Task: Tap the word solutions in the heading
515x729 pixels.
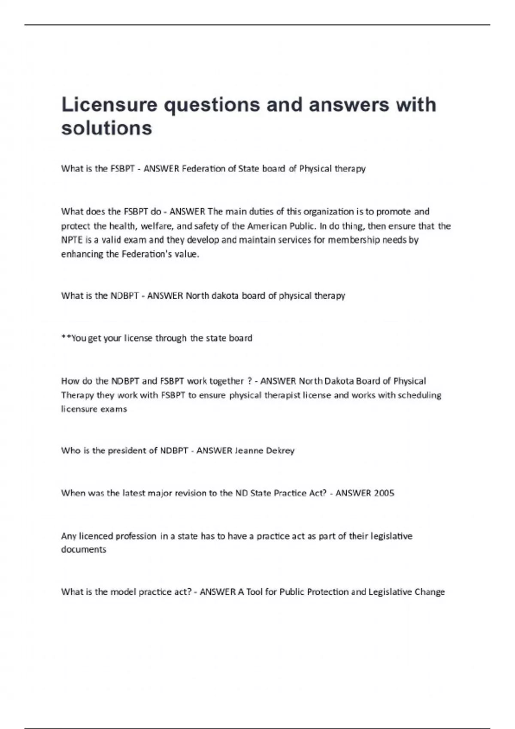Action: pyautogui.click(x=106, y=128)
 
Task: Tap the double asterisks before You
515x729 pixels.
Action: pyautogui.click(x=66, y=337)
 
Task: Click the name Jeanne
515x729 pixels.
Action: pyautogui.click(x=248, y=450)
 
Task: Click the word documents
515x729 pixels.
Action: pyautogui.click(x=83, y=549)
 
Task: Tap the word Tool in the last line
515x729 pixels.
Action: pyautogui.click(x=254, y=592)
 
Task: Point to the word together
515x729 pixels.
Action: pyautogui.click(x=226, y=381)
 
